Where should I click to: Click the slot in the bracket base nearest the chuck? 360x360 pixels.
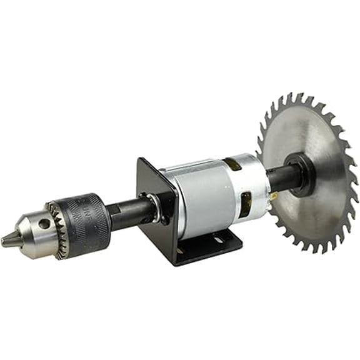point(181,251)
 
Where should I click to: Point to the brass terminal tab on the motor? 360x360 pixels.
point(273,196)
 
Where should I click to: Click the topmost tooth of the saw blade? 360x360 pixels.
point(301,94)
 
